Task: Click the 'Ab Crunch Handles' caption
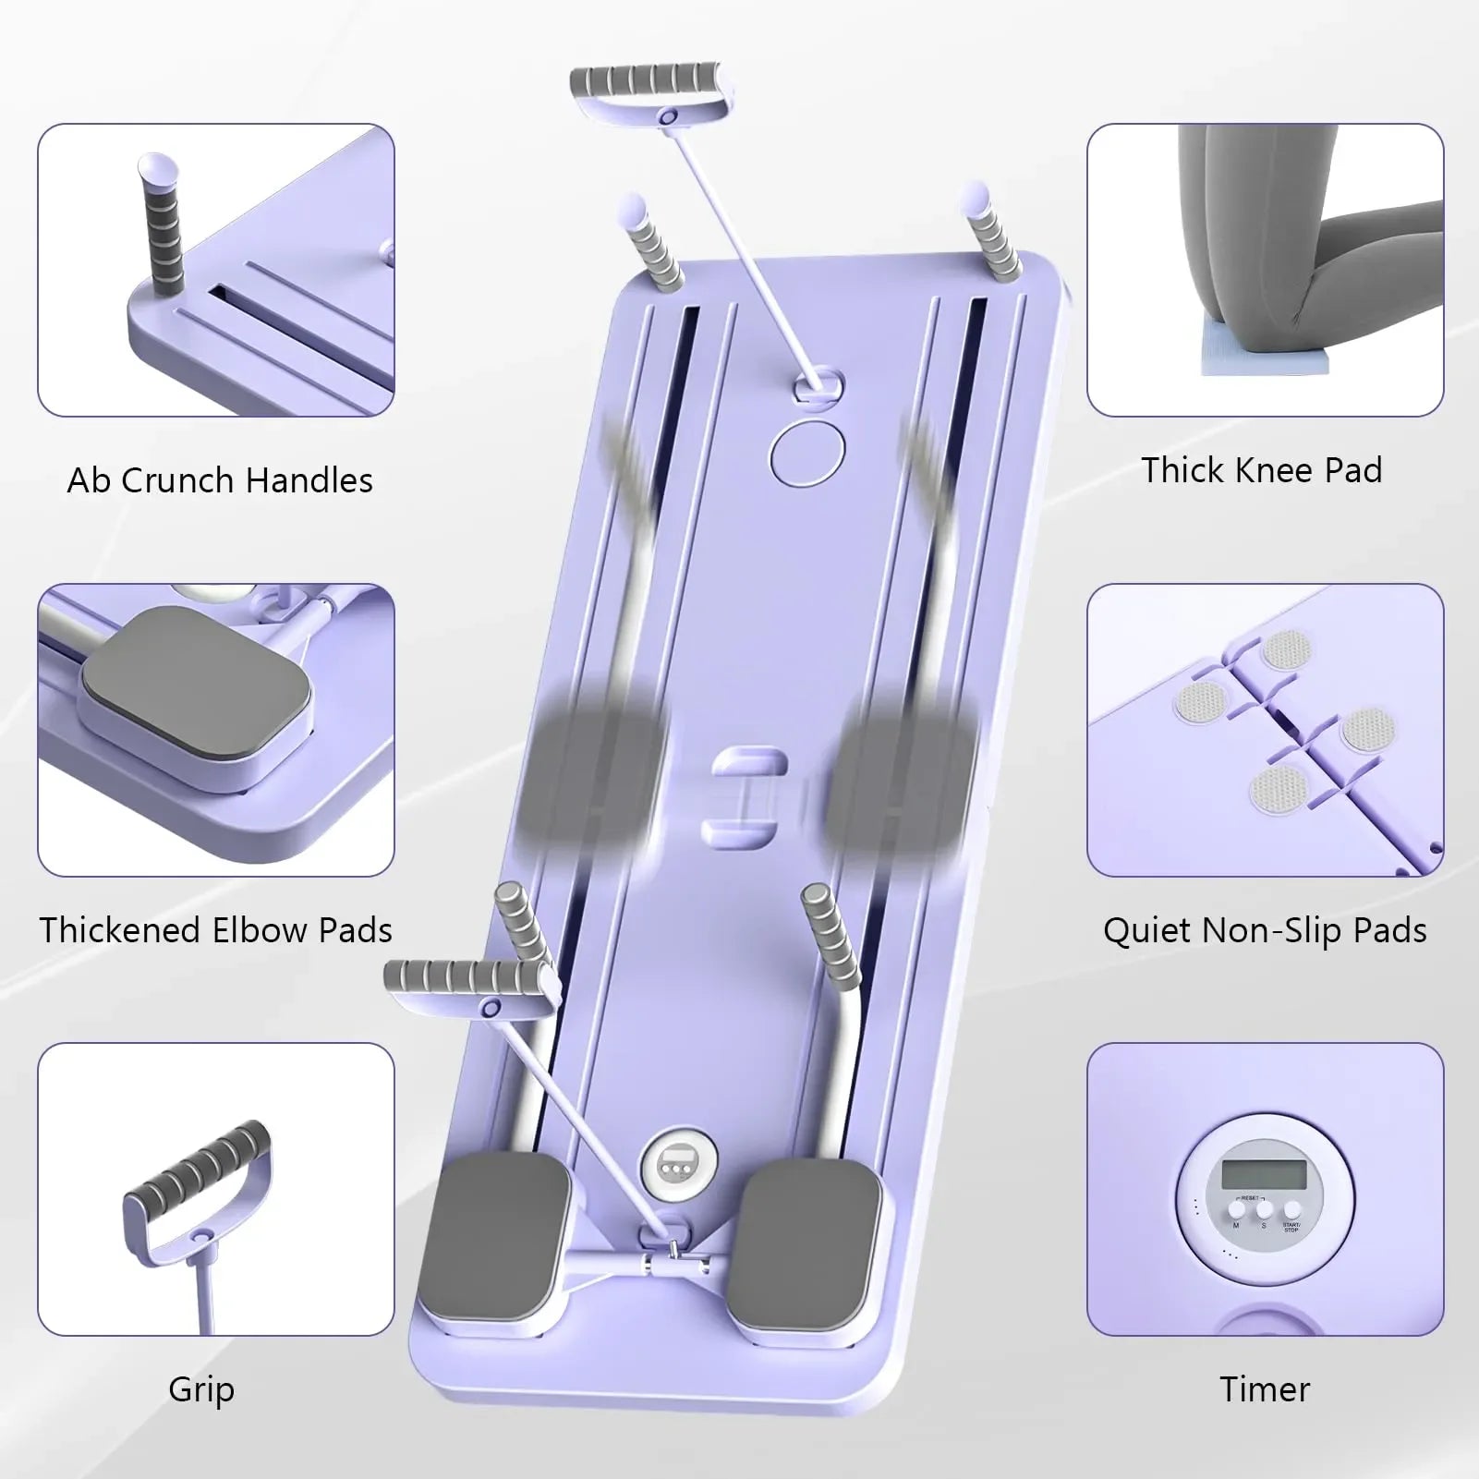coord(220,480)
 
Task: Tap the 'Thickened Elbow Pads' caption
coord(216,929)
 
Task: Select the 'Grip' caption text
coord(201,1388)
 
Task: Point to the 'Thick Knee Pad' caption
coord(1261,470)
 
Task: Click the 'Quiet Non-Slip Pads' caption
coord(1265,930)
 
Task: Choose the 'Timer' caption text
coord(1265,1388)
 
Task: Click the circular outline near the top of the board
coord(807,453)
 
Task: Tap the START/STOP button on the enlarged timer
coord(1291,1210)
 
